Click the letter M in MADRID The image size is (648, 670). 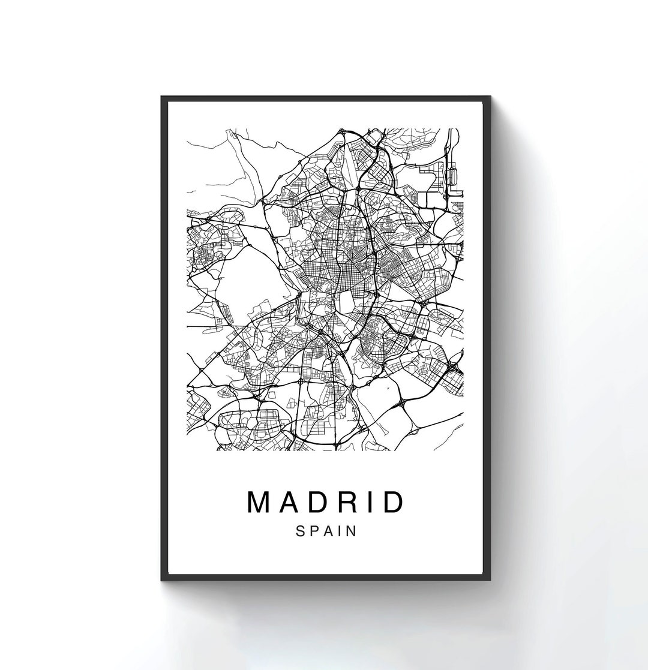pos(260,503)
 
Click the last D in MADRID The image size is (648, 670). pos(391,503)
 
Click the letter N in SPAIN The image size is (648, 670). pos(350,531)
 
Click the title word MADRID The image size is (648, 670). pos(325,503)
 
